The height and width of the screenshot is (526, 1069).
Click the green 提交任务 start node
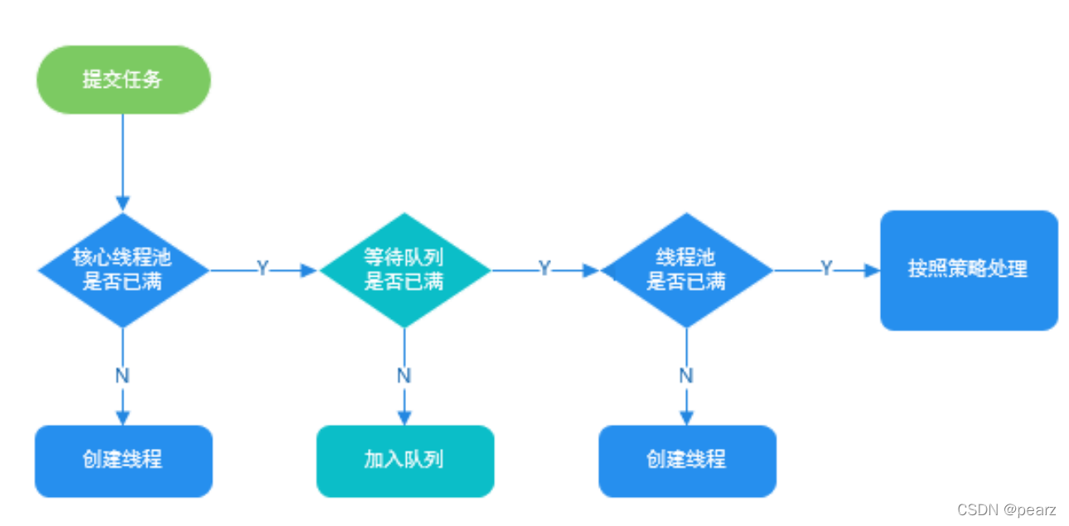coord(123,80)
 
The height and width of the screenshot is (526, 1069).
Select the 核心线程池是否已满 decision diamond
coord(123,270)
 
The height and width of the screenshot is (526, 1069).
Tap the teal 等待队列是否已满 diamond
coord(404,270)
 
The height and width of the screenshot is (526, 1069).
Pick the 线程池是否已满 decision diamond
coord(686,270)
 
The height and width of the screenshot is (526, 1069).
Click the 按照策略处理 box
coord(968,270)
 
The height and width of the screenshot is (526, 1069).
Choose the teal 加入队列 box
coord(404,461)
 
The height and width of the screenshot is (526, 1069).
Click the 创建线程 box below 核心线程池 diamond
coord(123,461)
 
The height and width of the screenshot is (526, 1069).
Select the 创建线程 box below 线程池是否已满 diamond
coord(686,461)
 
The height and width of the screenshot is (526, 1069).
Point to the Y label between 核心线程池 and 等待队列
coord(262,269)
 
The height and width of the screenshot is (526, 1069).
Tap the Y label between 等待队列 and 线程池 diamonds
coord(544,269)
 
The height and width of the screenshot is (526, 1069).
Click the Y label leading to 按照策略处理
coord(826,269)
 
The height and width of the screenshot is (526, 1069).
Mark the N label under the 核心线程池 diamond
coord(123,375)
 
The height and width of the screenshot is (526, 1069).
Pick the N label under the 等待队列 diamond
coord(404,375)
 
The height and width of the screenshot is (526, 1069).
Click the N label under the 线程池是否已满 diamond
coord(686,375)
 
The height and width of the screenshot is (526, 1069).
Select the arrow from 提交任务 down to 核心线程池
coord(123,157)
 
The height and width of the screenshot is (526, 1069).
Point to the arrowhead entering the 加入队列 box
coord(404,417)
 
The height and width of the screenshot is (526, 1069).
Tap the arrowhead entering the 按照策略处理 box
coord(872,270)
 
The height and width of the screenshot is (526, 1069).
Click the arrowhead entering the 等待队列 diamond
coord(310,270)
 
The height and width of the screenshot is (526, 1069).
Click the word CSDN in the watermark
coord(975,510)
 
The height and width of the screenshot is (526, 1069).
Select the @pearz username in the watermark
coord(1028,510)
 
